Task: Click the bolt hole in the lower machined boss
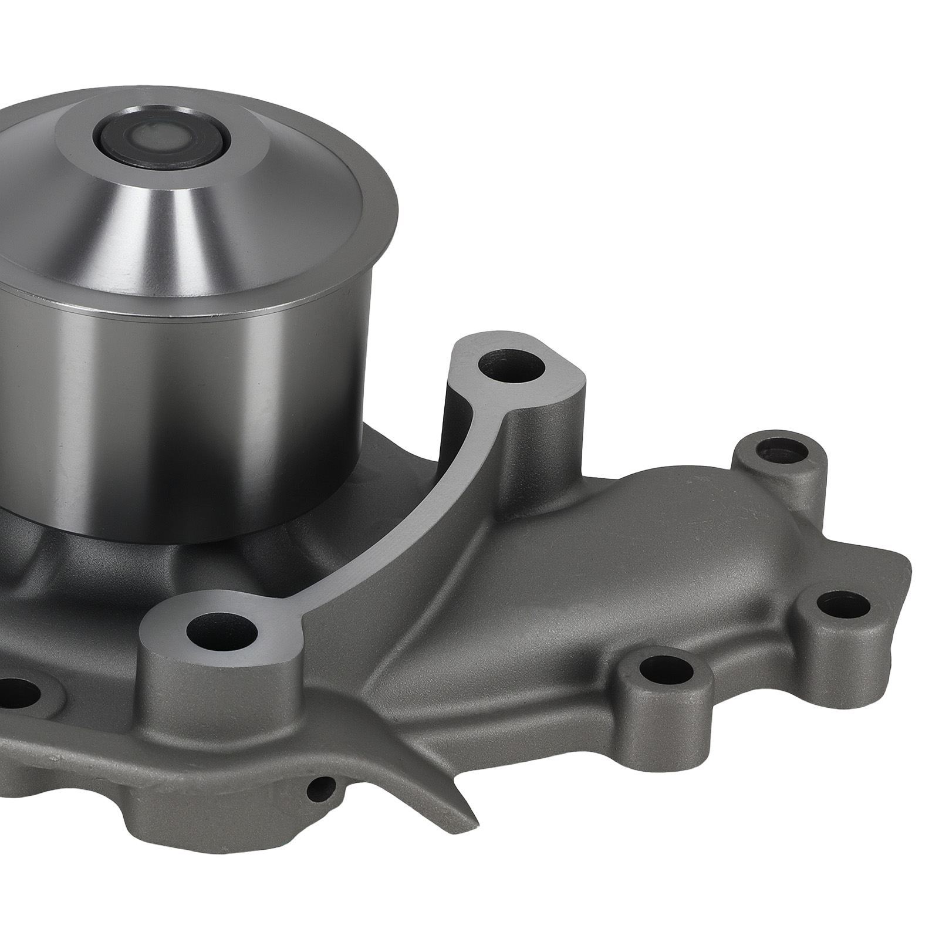(x=222, y=631)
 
